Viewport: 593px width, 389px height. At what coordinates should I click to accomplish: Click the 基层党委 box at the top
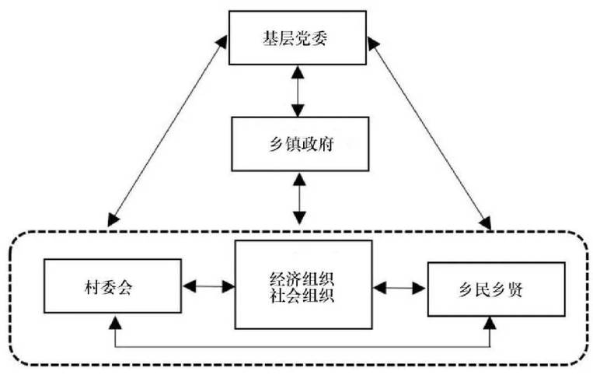(297, 39)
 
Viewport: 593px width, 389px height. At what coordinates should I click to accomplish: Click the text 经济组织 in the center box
(303, 278)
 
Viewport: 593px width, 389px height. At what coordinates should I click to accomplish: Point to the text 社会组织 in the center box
(303, 295)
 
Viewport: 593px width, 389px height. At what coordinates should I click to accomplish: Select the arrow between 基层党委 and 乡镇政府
(297, 92)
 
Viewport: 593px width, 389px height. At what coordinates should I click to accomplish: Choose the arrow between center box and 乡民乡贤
(400, 287)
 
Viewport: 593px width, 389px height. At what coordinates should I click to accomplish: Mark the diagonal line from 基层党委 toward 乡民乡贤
(431, 132)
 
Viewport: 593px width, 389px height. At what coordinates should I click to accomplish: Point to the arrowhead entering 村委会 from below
(114, 320)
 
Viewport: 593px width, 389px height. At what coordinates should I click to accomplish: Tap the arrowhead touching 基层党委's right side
(373, 48)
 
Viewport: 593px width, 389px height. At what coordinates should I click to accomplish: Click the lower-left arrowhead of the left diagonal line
(112, 222)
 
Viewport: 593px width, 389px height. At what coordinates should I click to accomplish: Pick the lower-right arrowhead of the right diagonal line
(487, 224)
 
